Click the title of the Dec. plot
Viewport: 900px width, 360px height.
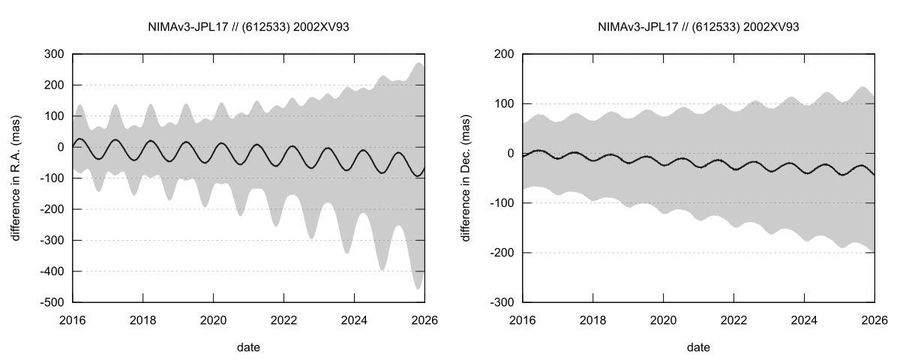pyautogui.click(x=698, y=27)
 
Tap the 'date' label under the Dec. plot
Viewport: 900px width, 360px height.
pyautogui.click(x=698, y=347)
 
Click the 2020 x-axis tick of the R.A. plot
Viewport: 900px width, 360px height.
pyautogui.click(x=213, y=319)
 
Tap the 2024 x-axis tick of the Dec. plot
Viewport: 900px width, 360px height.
pyautogui.click(x=804, y=319)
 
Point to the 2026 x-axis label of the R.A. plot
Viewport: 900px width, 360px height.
pyautogui.click(x=424, y=319)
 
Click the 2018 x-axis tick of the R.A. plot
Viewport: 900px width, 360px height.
pyautogui.click(x=142, y=319)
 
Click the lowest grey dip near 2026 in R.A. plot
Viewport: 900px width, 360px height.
pyautogui.click(x=418, y=289)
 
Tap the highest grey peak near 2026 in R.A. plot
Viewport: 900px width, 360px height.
pyautogui.click(x=418, y=63)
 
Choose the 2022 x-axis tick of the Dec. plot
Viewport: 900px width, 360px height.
pyautogui.click(x=733, y=319)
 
